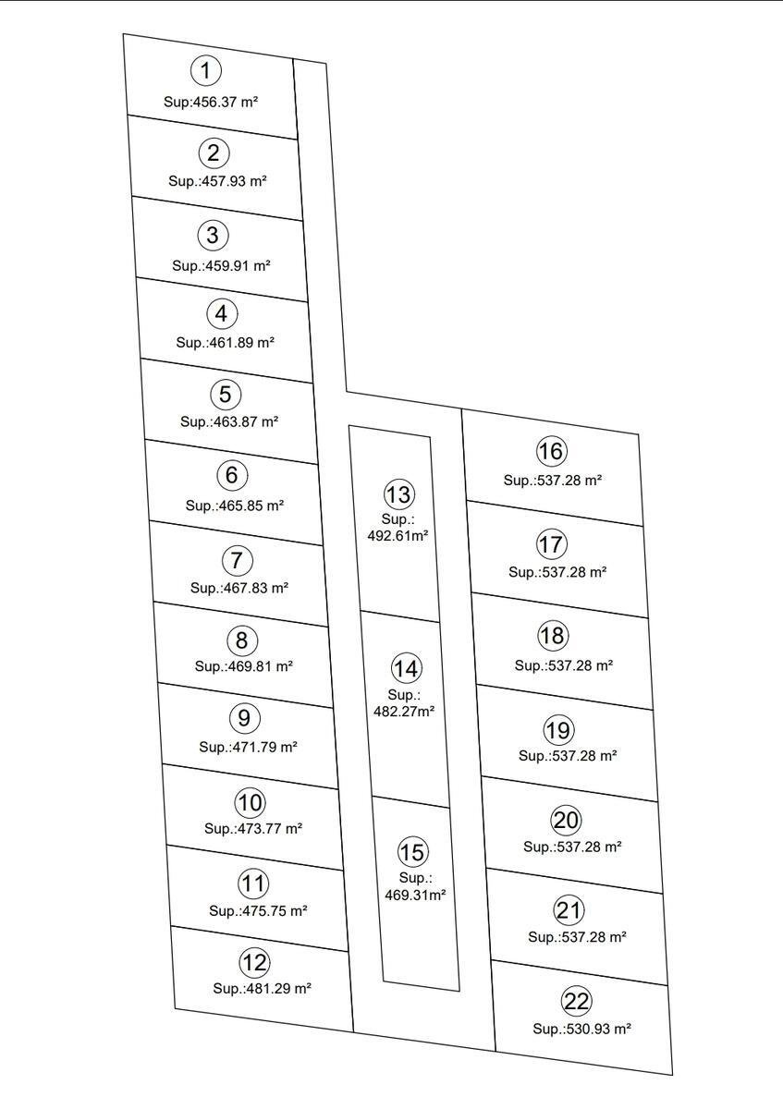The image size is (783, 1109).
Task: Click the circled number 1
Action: (206, 70)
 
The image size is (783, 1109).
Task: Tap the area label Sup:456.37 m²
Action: (211, 102)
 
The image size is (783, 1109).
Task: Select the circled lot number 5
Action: (226, 394)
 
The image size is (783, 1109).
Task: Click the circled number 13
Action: (399, 494)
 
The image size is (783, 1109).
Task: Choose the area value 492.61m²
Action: (398, 535)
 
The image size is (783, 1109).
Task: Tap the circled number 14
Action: (407, 668)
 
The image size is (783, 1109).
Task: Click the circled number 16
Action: (552, 451)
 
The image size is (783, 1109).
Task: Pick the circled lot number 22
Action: (577, 1001)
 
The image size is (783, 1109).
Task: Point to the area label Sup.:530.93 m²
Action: (581, 1029)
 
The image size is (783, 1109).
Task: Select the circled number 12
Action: (255, 962)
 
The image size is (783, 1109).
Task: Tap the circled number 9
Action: (245, 718)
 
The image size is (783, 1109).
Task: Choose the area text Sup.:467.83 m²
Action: (239, 588)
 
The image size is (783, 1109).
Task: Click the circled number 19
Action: (559, 730)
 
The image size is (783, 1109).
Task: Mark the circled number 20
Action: (566, 821)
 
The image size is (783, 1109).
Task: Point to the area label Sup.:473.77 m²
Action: (253, 828)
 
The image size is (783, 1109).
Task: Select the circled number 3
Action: (213, 235)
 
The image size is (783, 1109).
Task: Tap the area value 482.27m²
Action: (404, 711)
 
